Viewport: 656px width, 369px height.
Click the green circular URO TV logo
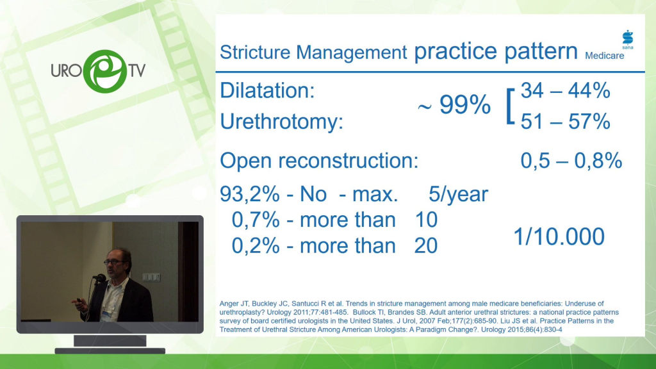(x=104, y=71)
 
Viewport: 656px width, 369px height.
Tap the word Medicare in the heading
(x=604, y=56)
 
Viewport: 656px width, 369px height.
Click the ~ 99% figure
(x=454, y=104)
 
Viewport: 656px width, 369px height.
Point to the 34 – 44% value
(x=565, y=90)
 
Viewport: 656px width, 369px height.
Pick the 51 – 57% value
(x=565, y=122)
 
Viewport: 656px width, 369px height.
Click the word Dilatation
(x=267, y=90)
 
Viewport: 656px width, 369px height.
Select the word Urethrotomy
(x=282, y=122)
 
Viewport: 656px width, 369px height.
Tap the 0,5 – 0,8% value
(x=571, y=161)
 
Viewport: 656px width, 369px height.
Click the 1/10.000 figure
(x=559, y=237)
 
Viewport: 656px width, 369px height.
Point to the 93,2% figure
(x=250, y=194)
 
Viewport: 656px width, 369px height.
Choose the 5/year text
(x=458, y=195)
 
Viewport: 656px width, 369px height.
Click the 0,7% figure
(x=256, y=220)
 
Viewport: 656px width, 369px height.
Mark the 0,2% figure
(x=256, y=245)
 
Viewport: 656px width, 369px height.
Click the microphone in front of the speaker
(x=99, y=278)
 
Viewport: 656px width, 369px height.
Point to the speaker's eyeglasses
(x=114, y=262)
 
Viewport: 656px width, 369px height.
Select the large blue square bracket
(x=510, y=107)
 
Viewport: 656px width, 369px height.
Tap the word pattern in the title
(x=541, y=52)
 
